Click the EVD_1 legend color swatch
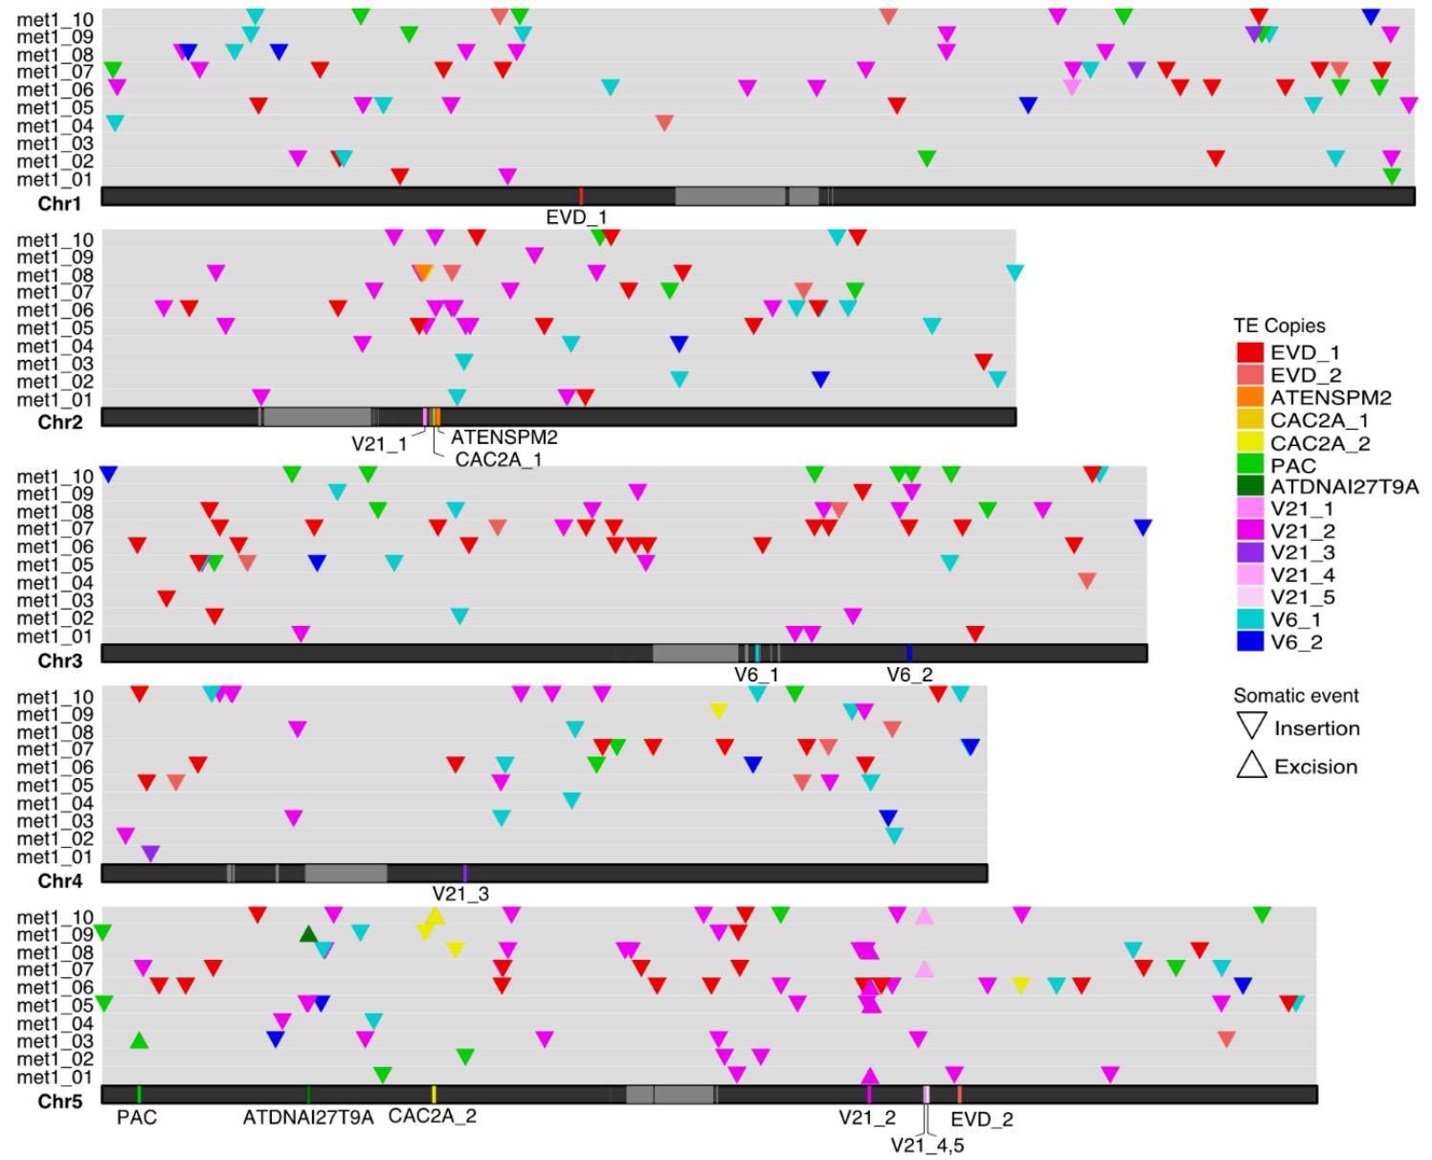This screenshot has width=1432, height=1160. [x=1249, y=352]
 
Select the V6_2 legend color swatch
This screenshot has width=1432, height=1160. [x=1249, y=642]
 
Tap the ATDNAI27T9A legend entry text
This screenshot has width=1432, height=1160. [x=1344, y=486]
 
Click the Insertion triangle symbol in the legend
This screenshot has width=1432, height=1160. [x=1251, y=725]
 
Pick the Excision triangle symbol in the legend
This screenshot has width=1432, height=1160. [x=1251, y=765]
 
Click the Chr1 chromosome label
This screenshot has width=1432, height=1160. [x=59, y=203]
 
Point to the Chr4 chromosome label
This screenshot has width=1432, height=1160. [x=59, y=881]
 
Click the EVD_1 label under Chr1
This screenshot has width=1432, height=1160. [x=576, y=217]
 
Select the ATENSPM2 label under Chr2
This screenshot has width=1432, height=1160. [x=504, y=437]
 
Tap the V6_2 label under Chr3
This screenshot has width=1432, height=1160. [x=909, y=675]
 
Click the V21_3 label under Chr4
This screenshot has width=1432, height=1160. [x=460, y=894]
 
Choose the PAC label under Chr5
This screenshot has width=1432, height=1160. [x=137, y=1117]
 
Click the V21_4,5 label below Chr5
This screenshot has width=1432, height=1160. [x=927, y=1145]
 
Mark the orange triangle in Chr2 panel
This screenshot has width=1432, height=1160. [x=424, y=273]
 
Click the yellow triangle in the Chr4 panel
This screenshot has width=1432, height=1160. [x=719, y=711]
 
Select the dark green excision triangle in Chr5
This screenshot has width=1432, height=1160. [x=308, y=934]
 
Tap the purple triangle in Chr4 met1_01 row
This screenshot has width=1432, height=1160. [x=150, y=853]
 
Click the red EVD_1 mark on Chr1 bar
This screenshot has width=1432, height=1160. [x=581, y=196]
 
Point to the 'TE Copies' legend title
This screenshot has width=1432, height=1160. [x=1279, y=325]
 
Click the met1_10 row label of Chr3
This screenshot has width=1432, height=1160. [x=55, y=477]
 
